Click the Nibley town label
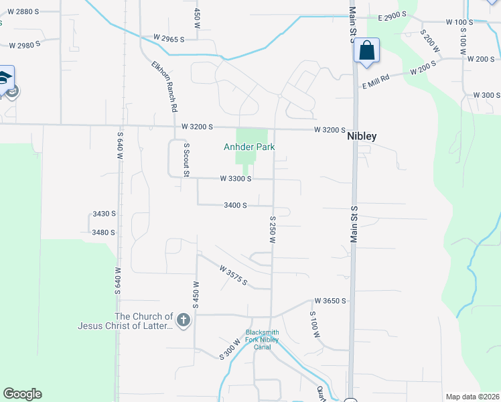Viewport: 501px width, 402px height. tap(362, 136)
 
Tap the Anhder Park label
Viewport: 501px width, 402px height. tap(249, 147)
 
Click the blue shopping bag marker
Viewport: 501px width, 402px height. tap(366, 50)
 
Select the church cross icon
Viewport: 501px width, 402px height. tap(184, 321)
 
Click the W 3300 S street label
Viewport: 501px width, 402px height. tap(236, 179)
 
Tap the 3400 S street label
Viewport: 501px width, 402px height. tap(236, 206)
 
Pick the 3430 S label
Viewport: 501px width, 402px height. tap(104, 214)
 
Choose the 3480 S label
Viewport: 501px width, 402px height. tap(104, 232)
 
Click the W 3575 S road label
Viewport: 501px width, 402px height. tap(234, 275)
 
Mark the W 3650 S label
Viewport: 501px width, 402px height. tap(330, 301)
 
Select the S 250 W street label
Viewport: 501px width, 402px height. tap(273, 230)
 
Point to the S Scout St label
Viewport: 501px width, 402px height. tap(187, 159)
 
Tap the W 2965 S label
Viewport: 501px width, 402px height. tap(169, 38)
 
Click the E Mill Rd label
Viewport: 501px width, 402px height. tap(376, 81)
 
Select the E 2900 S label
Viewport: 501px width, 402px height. tap(393, 16)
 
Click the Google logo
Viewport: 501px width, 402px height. tap(22, 394)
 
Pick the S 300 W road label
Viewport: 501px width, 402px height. tap(230, 350)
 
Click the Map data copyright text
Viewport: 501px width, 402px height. tap(472, 397)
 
